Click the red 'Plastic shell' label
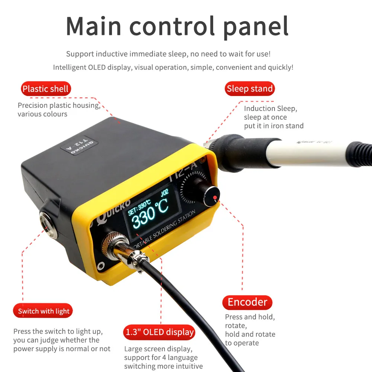pos(45,89)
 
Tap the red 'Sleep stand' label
pos(250,89)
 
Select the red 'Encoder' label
pos(247,302)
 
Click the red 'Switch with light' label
pos(44,311)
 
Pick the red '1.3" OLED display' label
pos(160,332)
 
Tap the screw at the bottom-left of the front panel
pos(100,266)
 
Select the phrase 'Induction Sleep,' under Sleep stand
pos(270,109)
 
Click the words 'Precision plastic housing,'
pos(59,105)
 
